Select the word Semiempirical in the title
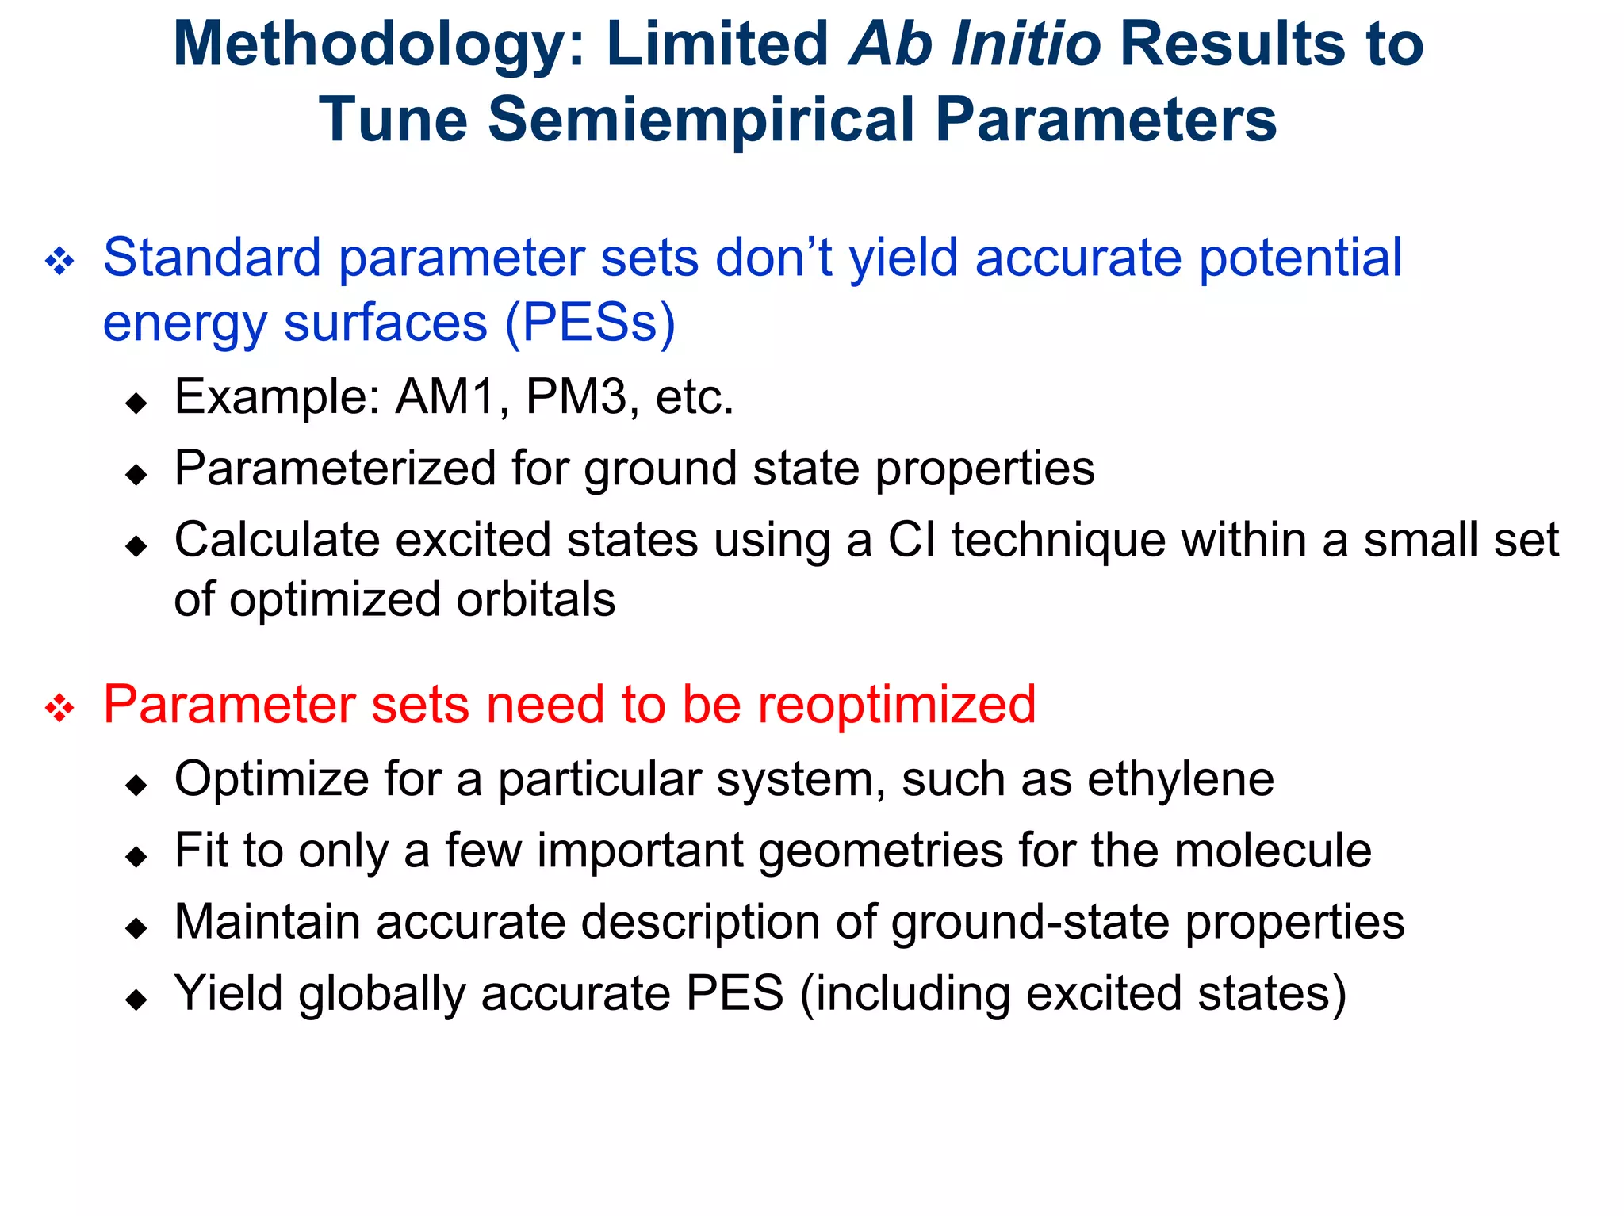click(x=701, y=120)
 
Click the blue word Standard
click(x=211, y=258)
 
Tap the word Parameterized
click(x=335, y=468)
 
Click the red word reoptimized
click(x=896, y=705)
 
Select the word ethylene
click(x=1180, y=779)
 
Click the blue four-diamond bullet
click(x=59, y=261)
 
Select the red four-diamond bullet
click(x=59, y=707)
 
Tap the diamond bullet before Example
click(x=136, y=403)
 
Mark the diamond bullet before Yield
click(x=136, y=999)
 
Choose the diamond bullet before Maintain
click(x=136, y=927)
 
